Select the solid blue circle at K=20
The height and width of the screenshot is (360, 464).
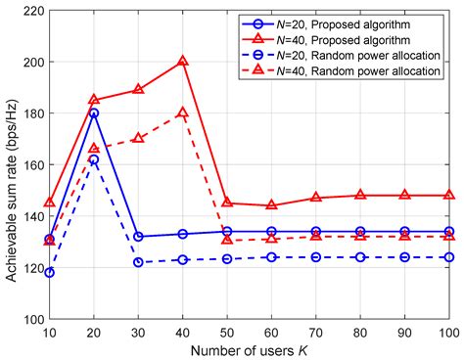tap(95, 112)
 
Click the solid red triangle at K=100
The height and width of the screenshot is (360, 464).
tap(449, 196)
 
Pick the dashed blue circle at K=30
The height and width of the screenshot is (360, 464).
tap(139, 262)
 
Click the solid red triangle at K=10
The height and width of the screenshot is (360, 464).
tap(50, 203)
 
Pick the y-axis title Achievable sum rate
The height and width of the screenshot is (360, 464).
tap(10, 164)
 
